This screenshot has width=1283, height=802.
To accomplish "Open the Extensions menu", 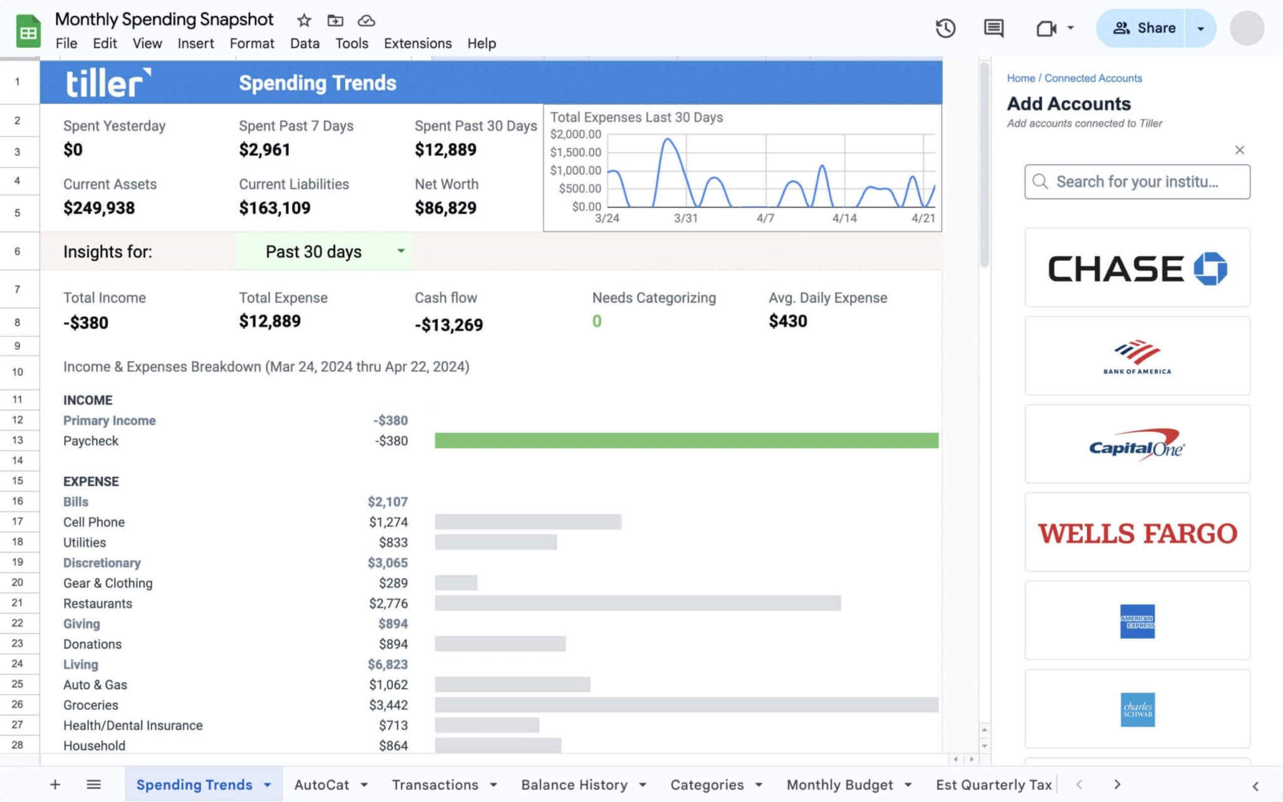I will pyautogui.click(x=417, y=43).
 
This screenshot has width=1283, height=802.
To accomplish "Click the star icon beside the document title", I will pyautogui.click(x=304, y=21).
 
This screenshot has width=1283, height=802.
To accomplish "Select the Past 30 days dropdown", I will pyautogui.click(x=324, y=251).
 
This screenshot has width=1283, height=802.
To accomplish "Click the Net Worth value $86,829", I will pyautogui.click(x=445, y=208).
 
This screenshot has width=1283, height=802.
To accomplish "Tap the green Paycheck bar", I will pyautogui.click(x=686, y=440).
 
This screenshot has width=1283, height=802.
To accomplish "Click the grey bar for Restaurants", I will pyautogui.click(x=637, y=603).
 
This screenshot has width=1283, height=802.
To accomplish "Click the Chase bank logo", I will pyautogui.click(x=1137, y=268).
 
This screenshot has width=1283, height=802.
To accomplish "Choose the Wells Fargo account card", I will pyautogui.click(x=1137, y=533).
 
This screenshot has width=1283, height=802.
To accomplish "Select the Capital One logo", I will pyautogui.click(x=1137, y=445).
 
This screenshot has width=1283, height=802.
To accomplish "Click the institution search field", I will pyautogui.click(x=1137, y=182).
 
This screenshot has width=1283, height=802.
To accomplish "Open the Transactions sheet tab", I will pyautogui.click(x=435, y=784).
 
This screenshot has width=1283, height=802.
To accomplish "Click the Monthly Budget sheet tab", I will pyautogui.click(x=839, y=784).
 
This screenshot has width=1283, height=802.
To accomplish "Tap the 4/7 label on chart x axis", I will pyautogui.click(x=765, y=218).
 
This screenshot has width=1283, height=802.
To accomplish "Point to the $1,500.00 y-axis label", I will pyautogui.click(x=575, y=152).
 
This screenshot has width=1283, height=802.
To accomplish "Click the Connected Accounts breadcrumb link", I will pyautogui.click(x=1093, y=78).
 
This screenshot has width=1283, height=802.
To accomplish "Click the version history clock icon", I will pyautogui.click(x=945, y=28).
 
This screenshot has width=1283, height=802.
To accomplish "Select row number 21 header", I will pyautogui.click(x=18, y=603).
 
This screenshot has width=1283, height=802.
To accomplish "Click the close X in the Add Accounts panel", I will pyautogui.click(x=1239, y=150).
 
